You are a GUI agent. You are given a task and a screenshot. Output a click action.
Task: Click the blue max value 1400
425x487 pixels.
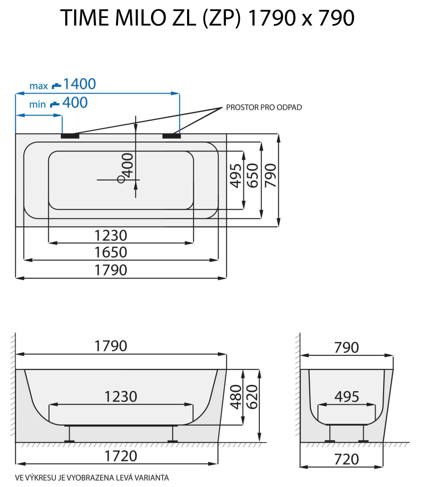(79, 84)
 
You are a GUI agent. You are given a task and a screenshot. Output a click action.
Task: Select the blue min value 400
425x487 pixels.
(74, 103)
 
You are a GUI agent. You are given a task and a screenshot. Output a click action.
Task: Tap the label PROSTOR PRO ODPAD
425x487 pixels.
(263, 107)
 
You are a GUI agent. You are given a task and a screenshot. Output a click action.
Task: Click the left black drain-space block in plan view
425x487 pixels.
(70, 135)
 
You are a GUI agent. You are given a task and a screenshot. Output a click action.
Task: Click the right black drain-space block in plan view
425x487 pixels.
(172, 135)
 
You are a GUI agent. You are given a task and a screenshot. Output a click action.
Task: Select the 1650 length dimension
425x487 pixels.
(111, 252)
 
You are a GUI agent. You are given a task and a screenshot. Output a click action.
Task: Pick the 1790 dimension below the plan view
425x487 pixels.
(111, 270)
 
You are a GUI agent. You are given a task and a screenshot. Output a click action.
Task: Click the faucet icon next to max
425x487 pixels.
(56, 86)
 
